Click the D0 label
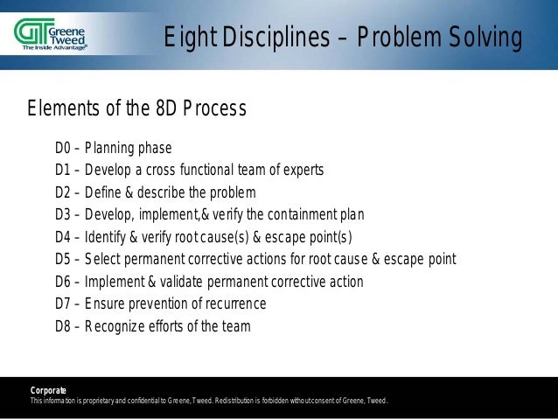[x=65, y=146]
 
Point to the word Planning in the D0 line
[x=111, y=146]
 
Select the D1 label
[x=65, y=169]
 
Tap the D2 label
[x=65, y=192]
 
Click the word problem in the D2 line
[x=233, y=192]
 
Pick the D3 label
[x=65, y=215]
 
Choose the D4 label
[x=65, y=237]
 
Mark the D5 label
[x=65, y=260]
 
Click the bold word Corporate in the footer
[x=47, y=389]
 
